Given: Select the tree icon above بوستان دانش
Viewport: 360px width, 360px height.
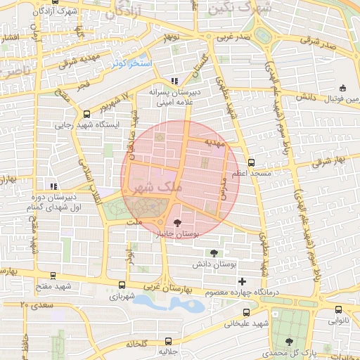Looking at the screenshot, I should pos(214,253).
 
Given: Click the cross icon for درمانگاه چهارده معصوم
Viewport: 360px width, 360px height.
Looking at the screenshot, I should pos(242,281).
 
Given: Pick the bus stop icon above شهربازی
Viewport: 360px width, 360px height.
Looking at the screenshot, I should pos(123,285).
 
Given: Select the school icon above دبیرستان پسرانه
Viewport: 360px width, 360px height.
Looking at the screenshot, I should pos(174,81).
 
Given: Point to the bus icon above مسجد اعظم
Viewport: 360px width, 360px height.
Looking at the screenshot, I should pos(251,161).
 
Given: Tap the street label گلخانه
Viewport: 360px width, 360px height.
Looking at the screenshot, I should pos(136,344).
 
